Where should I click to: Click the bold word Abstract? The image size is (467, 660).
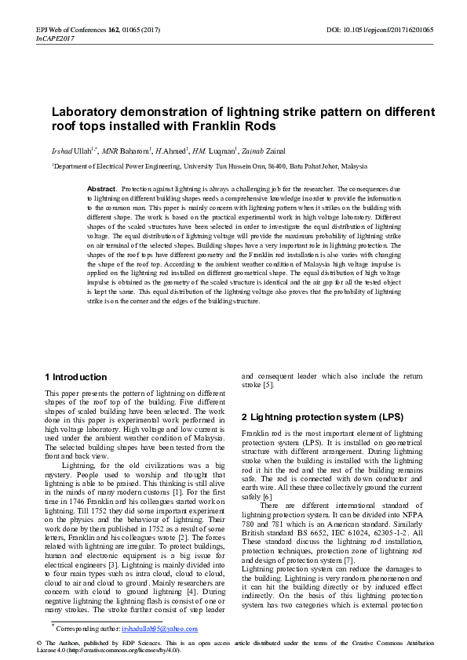pyautogui.click(x=101, y=190)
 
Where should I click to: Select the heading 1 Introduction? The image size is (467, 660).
pyautogui.click(x=76, y=377)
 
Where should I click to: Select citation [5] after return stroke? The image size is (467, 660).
pyautogui.click(x=268, y=385)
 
